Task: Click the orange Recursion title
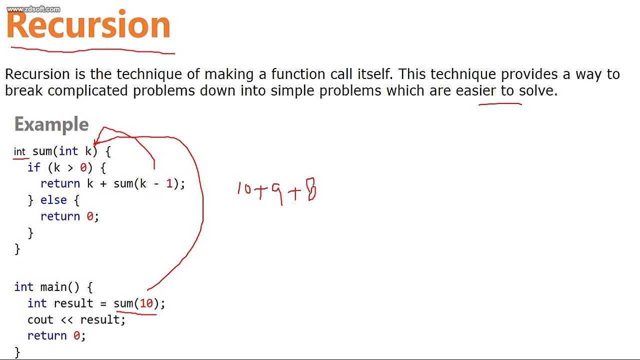tap(88, 25)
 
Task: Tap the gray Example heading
tap(51, 124)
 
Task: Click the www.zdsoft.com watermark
tap(33, 9)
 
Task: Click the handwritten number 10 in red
tap(244, 189)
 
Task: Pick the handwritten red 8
tap(311, 189)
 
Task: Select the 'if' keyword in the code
tap(34, 167)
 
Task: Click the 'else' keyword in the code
tap(53, 200)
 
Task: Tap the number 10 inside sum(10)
tap(146, 303)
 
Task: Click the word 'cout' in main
tap(40, 319)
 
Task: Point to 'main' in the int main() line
tap(53, 287)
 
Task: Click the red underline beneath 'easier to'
tap(500, 104)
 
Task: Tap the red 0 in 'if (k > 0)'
tap(83, 167)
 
